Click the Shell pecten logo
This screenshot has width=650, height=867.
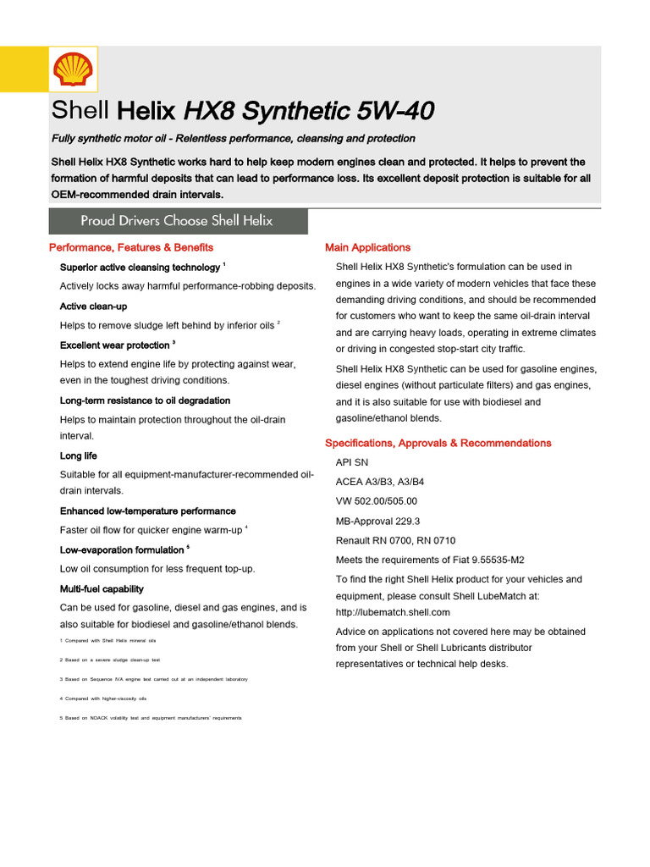click(x=71, y=69)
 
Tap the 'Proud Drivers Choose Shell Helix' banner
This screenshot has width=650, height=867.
click(x=177, y=221)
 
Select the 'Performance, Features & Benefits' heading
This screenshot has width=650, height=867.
click(x=131, y=247)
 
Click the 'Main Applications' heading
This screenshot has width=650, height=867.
click(x=367, y=247)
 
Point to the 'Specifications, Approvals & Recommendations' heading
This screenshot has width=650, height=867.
click(x=438, y=443)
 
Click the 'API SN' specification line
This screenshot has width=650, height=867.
click(x=352, y=463)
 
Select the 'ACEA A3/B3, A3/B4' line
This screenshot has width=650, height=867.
click(x=380, y=482)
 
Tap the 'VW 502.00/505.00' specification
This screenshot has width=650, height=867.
click(x=376, y=501)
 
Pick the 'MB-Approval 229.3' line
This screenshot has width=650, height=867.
click(x=377, y=521)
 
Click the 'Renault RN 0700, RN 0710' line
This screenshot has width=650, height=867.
click(x=395, y=540)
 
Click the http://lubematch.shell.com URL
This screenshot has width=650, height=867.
click(x=393, y=612)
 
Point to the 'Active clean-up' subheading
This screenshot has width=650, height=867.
click(x=93, y=306)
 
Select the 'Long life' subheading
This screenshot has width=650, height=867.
click(x=78, y=456)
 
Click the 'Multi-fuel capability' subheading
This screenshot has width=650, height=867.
click(x=102, y=589)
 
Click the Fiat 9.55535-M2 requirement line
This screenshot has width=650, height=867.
click(x=430, y=560)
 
